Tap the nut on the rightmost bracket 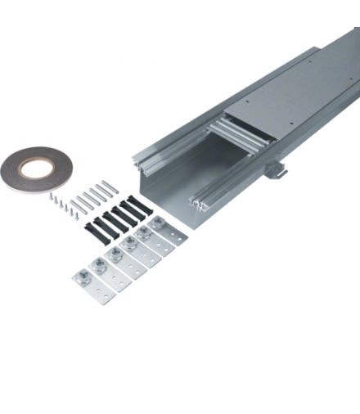point(157,222)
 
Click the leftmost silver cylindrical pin point(74,205)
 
